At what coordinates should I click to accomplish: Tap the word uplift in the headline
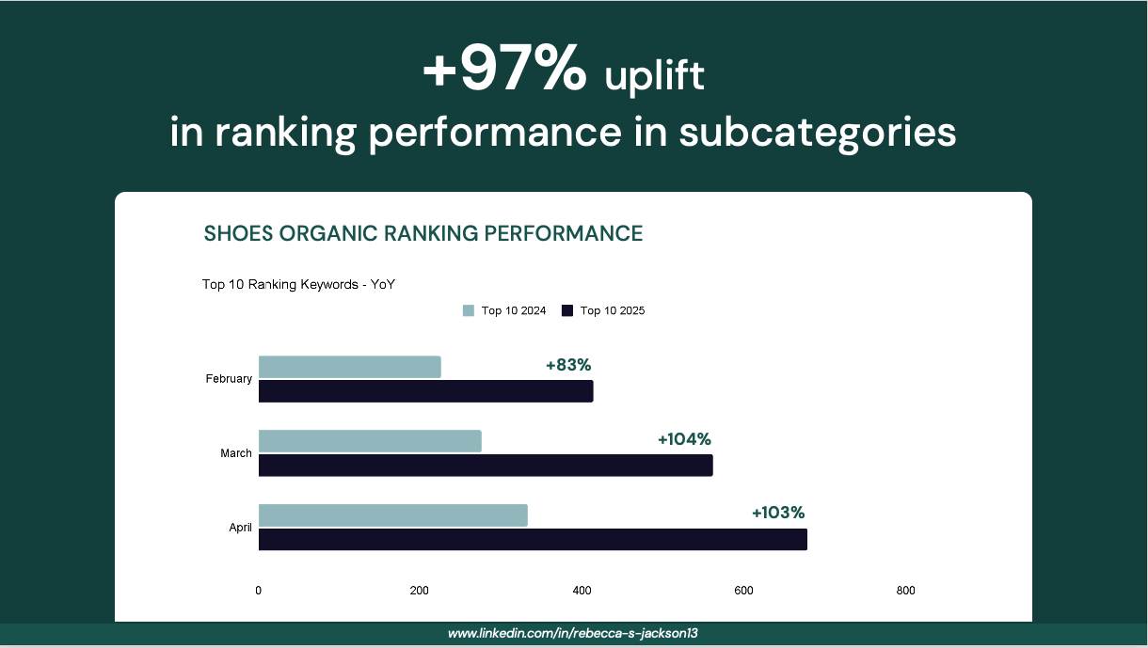pyautogui.click(x=655, y=76)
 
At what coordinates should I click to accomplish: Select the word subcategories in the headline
pyautogui.click(x=818, y=133)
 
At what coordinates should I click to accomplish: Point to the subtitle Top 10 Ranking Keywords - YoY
pyautogui.click(x=298, y=284)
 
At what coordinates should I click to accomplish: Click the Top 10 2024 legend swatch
pyautogui.click(x=469, y=310)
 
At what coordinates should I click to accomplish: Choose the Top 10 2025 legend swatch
pyautogui.click(x=567, y=310)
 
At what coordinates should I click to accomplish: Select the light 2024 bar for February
pyautogui.click(x=349, y=367)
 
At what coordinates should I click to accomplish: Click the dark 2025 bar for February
pyautogui.click(x=426, y=391)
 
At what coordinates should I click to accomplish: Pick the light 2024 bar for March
pyautogui.click(x=370, y=441)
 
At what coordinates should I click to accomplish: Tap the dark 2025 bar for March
pyautogui.click(x=486, y=466)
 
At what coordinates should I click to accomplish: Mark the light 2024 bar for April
pyautogui.click(x=393, y=515)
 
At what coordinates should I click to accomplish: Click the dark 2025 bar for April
pyautogui.click(x=533, y=540)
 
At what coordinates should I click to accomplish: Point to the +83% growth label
pyautogui.click(x=568, y=365)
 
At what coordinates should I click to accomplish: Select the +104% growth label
pyautogui.click(x=684, y=439)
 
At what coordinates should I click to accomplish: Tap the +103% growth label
pyautogui.click(x=778, y=513)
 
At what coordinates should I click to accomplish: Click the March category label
pyautogui.click(x=236, y=453)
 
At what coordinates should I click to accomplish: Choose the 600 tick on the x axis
pyautogui.click(x=743, y=591)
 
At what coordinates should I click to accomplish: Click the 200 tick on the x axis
pyautogui.click(x=420, y=591)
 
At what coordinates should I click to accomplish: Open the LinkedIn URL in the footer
pyautogui.click(x=572, y=634)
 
